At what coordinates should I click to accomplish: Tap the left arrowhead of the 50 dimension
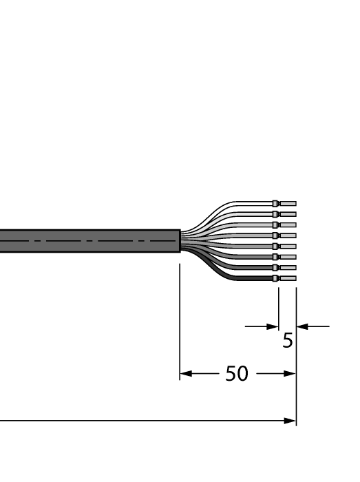point(184,375)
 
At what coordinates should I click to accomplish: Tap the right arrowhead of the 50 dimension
point(290,375)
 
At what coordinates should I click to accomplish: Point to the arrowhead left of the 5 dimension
point(273,326)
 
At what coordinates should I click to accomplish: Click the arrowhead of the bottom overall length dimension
point(290,421)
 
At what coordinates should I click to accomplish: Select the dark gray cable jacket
point(89,241)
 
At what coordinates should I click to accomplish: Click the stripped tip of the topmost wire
point(288,204)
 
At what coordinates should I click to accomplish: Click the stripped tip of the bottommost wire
point(288,278)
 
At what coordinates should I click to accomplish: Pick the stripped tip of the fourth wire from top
point(288,235)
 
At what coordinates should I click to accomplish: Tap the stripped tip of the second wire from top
point(288,214)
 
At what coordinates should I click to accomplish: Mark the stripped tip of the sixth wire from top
point(288,257)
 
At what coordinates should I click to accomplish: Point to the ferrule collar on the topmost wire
point(275,204)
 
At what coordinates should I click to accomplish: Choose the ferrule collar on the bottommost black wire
point(275,278)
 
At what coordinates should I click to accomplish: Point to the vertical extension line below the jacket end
point(180,317)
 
